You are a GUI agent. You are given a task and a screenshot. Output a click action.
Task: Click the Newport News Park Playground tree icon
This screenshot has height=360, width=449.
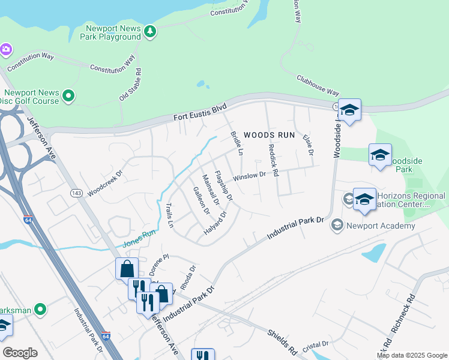pos(150,31)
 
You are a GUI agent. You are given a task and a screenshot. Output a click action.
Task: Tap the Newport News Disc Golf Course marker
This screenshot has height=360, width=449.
pos(68,95)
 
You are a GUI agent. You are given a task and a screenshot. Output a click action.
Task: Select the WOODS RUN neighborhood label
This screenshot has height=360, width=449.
pos(270,135)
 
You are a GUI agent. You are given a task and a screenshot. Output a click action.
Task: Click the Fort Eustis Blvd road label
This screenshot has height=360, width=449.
pos(200,112)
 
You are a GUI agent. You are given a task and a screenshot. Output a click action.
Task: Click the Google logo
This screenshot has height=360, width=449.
pos(20,353)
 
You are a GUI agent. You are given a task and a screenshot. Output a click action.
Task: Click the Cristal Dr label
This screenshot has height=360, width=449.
pos(316,344)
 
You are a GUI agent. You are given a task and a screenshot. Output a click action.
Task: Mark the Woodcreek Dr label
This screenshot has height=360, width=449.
pos(104,182)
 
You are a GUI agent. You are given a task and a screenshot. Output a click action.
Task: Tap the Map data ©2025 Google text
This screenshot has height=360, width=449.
pos(412,355)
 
